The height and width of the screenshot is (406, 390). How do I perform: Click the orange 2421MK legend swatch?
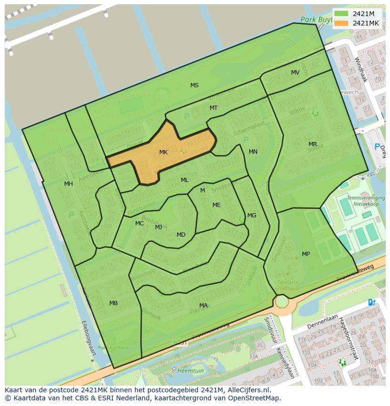click(x=341, y=23)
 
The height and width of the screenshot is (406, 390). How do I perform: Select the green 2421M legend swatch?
click(x=341, y=14)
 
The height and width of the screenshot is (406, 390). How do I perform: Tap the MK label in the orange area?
click(x=163, y=152)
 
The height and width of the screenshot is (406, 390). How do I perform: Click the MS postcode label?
click(x=194, y=85)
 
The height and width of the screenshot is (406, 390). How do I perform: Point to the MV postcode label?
click(x=295, y=73)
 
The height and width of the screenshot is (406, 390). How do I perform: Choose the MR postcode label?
click(x=313, y=144)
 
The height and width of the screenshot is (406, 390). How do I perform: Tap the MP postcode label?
click(x=306, y=254)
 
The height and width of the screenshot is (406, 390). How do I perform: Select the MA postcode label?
click(x=203, y=306)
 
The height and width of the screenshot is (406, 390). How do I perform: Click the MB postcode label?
click(x=114, y=303)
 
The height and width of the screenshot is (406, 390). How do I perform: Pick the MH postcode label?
click(x=68, y=184)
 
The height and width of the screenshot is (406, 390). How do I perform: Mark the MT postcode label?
click(x=213, y=108)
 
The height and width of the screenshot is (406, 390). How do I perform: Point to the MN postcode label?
click(x=253, y=152)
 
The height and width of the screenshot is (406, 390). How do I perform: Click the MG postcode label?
click(x=252, y=215)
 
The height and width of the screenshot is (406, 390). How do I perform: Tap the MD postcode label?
click(x=181, y=235)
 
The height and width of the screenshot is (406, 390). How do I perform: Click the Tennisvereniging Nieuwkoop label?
click(x=366, y=201)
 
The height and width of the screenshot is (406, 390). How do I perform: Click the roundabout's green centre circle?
click(x=281, y=301)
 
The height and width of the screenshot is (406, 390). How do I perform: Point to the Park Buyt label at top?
click(x=316, y=20)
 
